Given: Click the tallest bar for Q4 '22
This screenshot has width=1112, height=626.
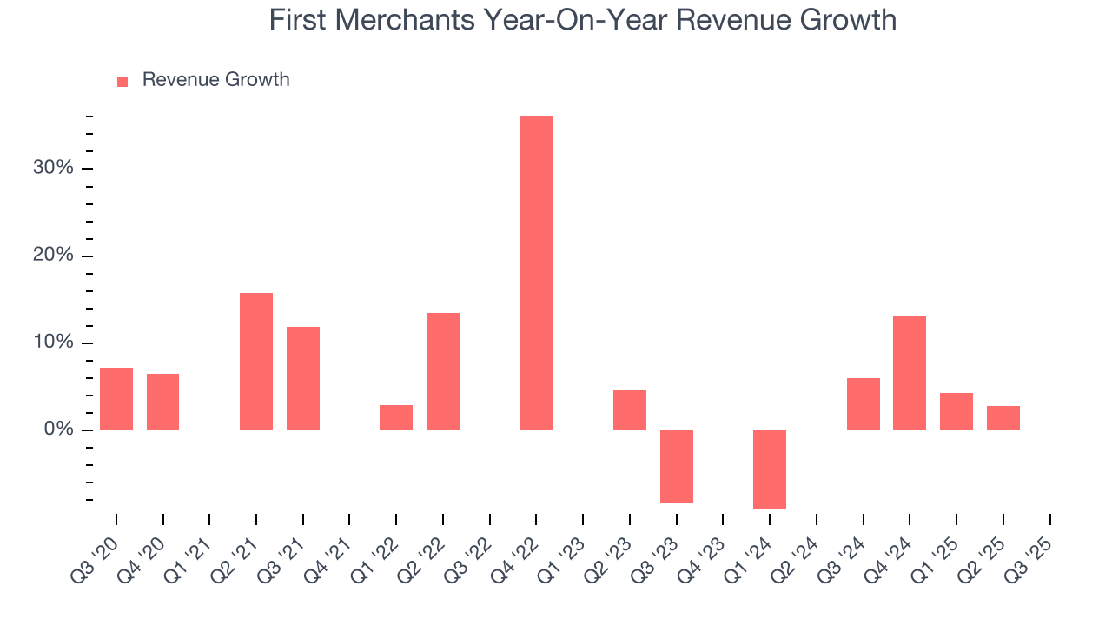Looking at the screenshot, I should point(536,273).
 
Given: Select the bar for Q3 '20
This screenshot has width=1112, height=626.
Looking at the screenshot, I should point(116,399).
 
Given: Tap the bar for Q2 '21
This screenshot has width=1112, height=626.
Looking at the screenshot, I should point(256,362).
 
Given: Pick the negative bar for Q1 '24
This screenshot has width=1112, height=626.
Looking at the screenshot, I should point(770,469).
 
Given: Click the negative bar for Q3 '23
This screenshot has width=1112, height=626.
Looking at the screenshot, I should point(676,466).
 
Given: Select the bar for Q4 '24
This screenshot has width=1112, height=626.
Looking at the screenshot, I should point(910,373).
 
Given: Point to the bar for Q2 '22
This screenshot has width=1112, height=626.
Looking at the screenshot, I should point(443,371).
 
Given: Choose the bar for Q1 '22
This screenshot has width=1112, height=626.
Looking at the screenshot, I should point(396,417).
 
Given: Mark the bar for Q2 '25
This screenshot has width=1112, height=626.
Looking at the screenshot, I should point(1003,418).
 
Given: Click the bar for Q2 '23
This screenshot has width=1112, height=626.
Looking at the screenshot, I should point(630,410).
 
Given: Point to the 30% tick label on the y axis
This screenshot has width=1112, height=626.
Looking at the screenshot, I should point(53,168).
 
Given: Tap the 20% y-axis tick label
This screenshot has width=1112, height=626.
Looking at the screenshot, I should point(53,256).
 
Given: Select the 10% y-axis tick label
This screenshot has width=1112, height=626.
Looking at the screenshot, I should point(53,343).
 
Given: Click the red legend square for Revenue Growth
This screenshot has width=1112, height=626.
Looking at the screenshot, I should point(122,81).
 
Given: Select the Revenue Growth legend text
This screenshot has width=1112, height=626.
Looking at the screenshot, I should point(215,80).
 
